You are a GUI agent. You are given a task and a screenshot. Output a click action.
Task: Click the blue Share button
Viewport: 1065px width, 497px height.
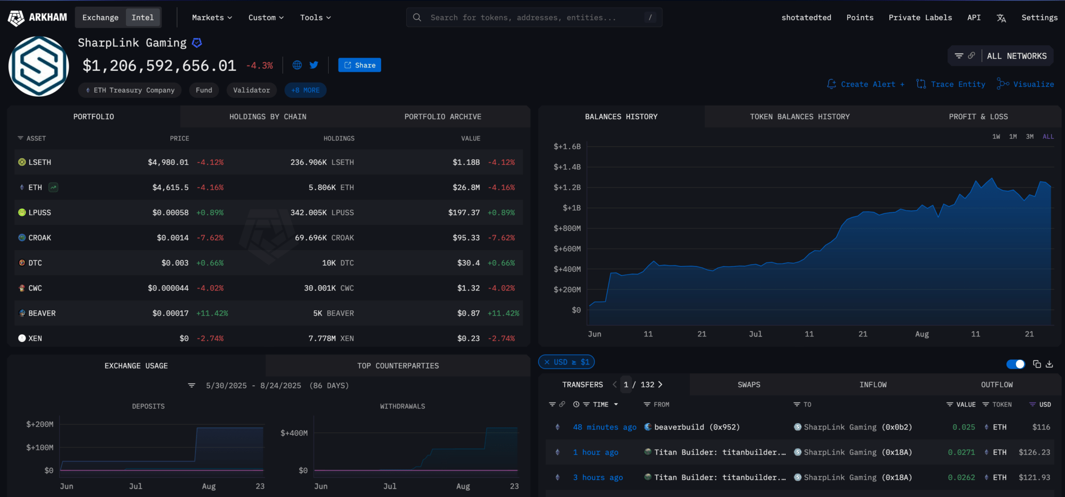(359, 65)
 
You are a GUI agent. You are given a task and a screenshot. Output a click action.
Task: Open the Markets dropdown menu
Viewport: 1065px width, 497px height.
(212, 18)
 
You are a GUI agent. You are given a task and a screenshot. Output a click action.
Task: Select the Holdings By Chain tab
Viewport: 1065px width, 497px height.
(268, 117)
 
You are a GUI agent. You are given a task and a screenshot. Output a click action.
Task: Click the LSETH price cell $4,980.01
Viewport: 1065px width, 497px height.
(168, 162)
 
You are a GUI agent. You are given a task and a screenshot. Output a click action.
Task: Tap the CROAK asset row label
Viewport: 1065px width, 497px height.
(40, 238)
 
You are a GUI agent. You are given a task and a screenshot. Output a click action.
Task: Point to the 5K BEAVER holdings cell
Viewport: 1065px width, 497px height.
(333, 313)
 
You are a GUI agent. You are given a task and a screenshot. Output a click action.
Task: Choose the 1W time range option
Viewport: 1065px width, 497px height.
(996, 137)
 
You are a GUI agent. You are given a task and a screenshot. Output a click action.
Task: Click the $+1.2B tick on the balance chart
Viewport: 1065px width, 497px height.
(567, 187)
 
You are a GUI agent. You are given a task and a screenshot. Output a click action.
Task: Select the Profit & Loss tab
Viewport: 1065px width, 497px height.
(978, 117)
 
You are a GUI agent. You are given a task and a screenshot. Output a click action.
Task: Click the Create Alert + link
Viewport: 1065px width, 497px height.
(866, 84)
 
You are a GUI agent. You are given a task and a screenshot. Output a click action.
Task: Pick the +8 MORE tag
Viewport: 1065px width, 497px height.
(305, 90)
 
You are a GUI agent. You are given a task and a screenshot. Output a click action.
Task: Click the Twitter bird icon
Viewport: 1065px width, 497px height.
(314, 65)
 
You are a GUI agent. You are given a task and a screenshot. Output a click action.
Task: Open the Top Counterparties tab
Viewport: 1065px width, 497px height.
(398, 366)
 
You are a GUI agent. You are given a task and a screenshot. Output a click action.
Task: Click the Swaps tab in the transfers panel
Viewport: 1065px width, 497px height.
(749, 385)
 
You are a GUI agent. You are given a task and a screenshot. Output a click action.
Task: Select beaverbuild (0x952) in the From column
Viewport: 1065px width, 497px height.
(696, 427)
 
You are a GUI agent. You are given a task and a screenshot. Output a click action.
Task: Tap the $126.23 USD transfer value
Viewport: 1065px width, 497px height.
(1034, 452)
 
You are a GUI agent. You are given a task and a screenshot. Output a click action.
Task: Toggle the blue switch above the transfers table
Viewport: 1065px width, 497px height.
(1015, 364)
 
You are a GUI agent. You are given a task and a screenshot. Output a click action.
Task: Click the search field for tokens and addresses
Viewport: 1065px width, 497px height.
(534, 18)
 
